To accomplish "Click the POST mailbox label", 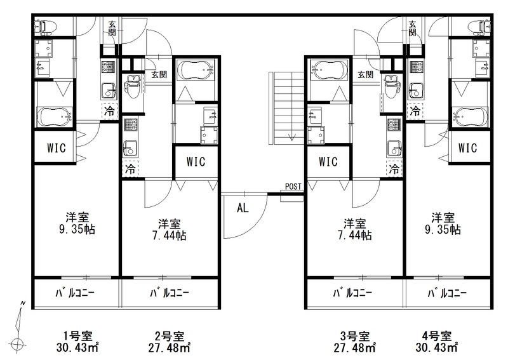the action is click(293, 187).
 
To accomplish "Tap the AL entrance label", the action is click(243, 208).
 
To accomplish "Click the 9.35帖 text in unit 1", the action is click(77, 229).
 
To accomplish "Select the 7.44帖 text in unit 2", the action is click(170, 236).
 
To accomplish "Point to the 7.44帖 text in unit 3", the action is click(355, 236).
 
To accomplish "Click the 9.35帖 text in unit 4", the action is click(443, 229).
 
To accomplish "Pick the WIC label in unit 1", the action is click(57, 148).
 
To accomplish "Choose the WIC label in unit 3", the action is click(328, 161).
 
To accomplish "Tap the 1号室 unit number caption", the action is click(77, 336).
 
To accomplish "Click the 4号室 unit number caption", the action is click(437, 336).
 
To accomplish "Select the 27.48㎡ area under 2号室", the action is click(170, 348).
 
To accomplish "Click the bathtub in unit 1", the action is click(55, 117).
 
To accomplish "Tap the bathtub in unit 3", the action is click(329, 69).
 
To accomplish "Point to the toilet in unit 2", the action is click(133, 86).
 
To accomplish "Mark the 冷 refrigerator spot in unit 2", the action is click(130, 168).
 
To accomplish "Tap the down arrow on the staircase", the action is click(292, 137).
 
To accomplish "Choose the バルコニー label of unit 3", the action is click(353, 293).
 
